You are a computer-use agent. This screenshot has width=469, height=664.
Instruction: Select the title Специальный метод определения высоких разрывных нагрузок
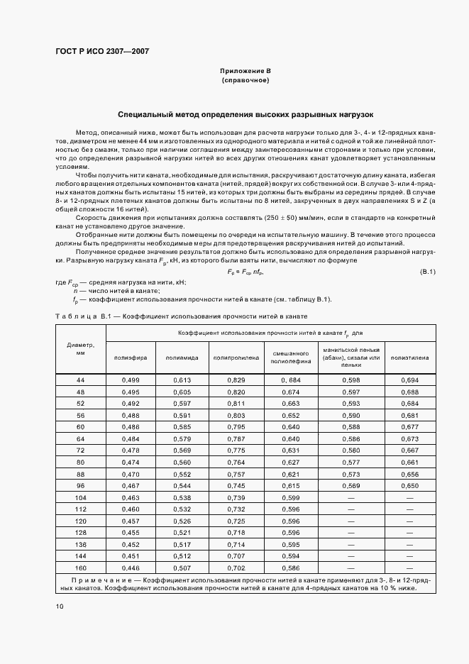(x=245, y=114)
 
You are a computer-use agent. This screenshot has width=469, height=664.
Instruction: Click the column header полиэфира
(x=131, y=358)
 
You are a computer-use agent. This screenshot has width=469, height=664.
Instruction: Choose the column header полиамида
(x=182, y=358)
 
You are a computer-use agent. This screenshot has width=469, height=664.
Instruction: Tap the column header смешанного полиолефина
(x=290, y=357)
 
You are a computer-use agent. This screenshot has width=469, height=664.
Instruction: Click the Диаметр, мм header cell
(x=80, y=348)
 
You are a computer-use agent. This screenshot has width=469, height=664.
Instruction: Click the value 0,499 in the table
(x=131, y=381)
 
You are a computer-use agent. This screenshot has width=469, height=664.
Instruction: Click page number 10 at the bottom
(x=60, y=606)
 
